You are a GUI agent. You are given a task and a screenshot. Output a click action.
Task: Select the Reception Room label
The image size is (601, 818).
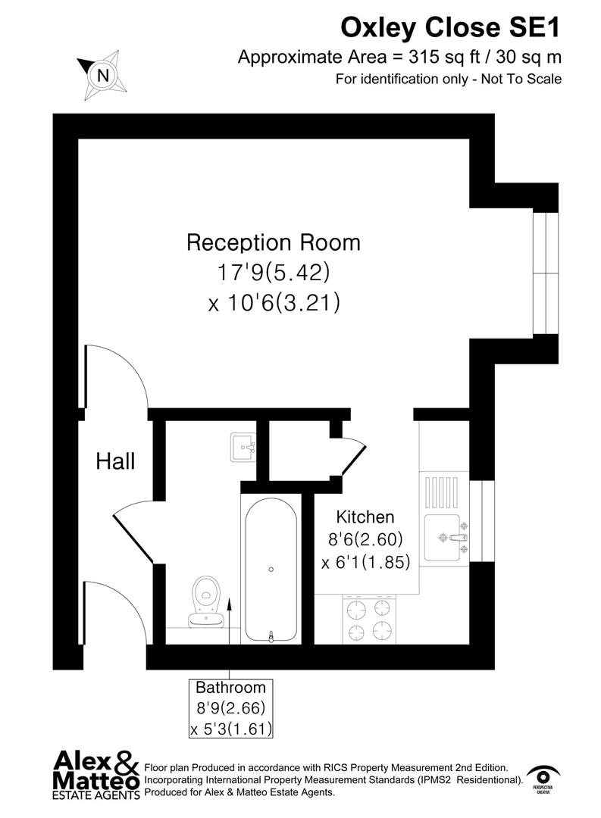(273, 243)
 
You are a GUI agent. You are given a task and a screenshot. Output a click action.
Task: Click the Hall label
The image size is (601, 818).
(115, 461)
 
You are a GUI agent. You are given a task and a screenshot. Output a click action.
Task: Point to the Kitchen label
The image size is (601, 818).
(365, 517)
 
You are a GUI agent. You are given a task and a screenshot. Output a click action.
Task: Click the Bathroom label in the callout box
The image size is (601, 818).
(230, 688)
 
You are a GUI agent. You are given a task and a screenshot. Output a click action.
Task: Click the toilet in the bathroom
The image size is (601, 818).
(206, 602)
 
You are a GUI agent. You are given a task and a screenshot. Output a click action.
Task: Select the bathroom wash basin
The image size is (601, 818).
(244, 447)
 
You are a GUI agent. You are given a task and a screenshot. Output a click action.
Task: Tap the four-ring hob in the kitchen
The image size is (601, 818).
(370, 617)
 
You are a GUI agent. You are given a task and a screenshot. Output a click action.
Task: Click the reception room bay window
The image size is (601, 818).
(544, 273)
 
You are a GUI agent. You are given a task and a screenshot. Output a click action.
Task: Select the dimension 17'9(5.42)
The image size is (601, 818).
(273, 272)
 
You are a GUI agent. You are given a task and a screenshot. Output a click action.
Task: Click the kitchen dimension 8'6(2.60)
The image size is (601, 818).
(365, 540)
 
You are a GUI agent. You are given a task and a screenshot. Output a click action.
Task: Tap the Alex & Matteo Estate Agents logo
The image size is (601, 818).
(95, 773)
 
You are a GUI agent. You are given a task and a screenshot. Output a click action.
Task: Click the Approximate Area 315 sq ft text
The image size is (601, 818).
(399, 57)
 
